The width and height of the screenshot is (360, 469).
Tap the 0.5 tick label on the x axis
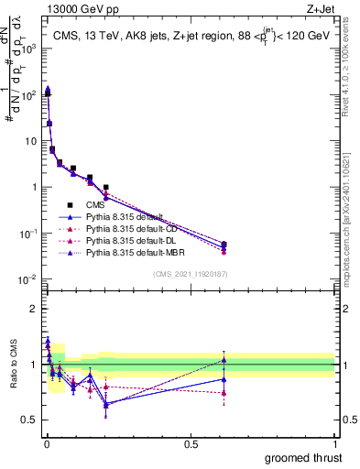[191, 444]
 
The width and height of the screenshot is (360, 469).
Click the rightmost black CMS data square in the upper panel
[327, 245]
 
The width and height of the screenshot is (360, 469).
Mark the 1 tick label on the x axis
[335, 444]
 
